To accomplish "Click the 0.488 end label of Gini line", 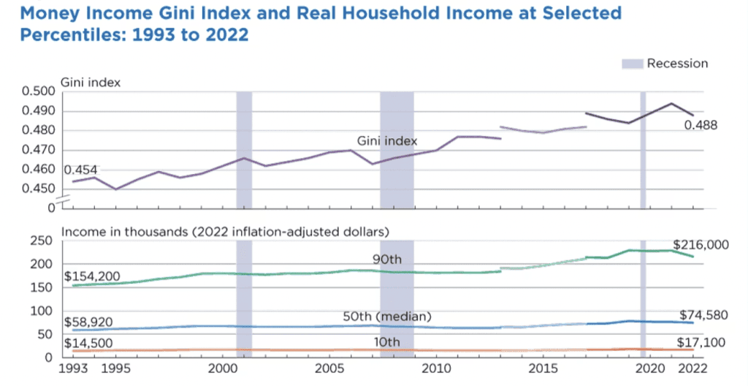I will (701, 125).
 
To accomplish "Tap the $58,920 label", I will (86, 321).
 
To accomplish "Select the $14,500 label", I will (86, 343).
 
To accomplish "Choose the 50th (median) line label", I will (388, 317).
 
